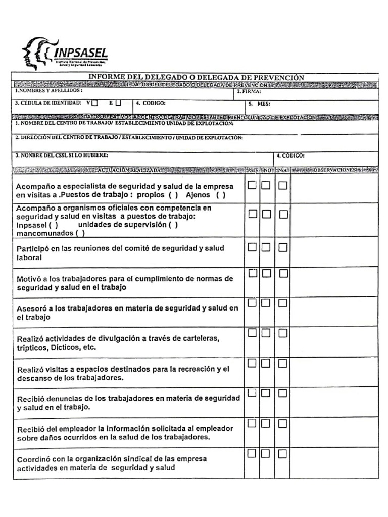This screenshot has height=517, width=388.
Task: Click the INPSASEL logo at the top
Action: point(65,53)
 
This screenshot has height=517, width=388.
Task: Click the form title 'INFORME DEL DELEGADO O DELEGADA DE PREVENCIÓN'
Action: point(197,77)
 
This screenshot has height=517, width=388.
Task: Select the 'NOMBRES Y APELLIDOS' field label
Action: point(48,91)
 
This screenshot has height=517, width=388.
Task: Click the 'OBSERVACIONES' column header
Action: point(334,170)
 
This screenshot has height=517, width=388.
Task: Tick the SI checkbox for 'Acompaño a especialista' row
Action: point(252,185)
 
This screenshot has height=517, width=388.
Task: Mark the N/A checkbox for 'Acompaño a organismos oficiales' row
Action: point(283,215)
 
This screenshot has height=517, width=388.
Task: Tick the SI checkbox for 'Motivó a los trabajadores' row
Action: point(252,273)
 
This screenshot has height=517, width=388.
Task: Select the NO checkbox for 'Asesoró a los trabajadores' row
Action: point(266,303)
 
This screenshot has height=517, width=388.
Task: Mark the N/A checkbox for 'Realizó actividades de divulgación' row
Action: point(283,333)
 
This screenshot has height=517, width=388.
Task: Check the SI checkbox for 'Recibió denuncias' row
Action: point(252,393)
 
